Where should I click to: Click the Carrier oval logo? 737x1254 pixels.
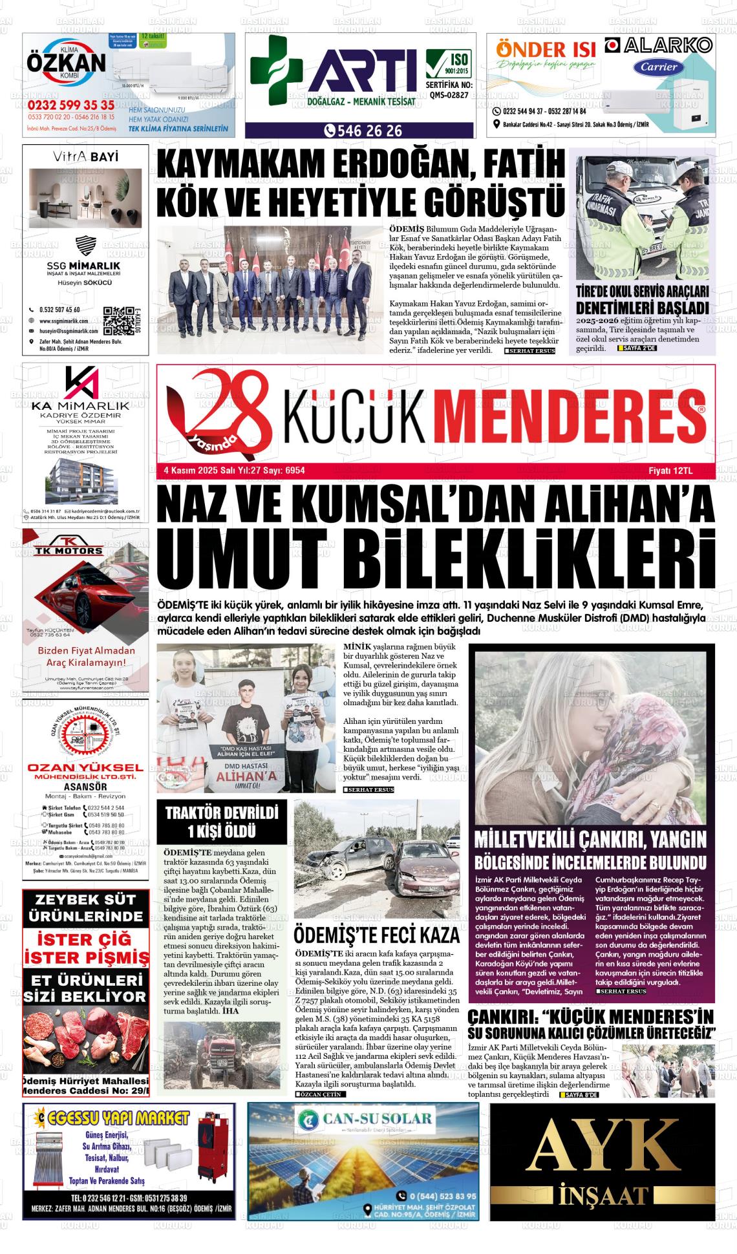tap(659, 67)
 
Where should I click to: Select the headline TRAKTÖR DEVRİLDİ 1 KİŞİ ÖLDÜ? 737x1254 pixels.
tap(222, 822)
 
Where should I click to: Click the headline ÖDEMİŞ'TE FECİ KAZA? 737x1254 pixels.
tap(376, 935)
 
